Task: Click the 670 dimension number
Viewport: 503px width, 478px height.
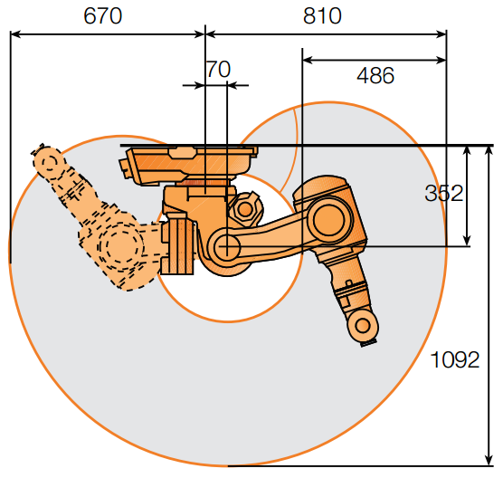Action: point(102,15)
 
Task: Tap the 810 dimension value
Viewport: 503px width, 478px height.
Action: point(322,15)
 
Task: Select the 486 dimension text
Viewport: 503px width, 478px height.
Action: point(375,76)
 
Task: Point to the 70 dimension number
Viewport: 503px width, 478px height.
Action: point(219,69)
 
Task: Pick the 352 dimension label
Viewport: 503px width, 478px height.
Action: point(444,193)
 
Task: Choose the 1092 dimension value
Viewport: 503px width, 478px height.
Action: point(454,359)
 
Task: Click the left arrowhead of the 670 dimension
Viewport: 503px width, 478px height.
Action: point(15,34)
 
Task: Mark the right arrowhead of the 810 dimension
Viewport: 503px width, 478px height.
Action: point(441,34)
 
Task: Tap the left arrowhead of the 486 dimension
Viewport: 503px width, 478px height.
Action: point(308,60)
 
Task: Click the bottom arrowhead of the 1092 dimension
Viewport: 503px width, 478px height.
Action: point(489,460)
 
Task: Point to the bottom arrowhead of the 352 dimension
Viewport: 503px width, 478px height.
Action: point(467,241)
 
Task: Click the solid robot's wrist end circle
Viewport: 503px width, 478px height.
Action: point(363,325)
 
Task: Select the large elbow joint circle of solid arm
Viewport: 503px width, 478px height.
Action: point(329,220)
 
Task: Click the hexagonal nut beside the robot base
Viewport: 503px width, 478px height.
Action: point(245,210)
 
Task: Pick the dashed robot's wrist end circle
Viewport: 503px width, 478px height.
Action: point(48,161)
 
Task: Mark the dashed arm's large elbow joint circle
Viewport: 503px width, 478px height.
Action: point(121,244)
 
